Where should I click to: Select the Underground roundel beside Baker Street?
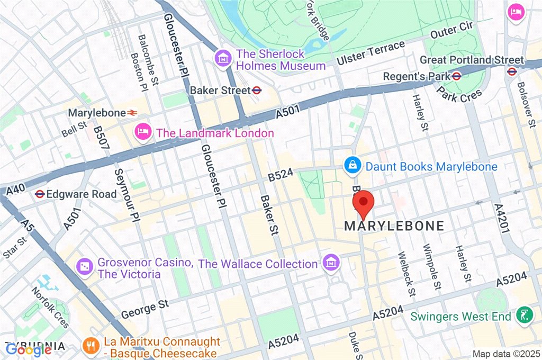pos(257,90)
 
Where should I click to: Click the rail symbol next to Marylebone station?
pos(132,113)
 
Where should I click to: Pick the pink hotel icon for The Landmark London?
pos(142,131)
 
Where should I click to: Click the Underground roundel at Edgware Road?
pos(39,194)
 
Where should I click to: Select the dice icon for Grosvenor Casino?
pos(84,267)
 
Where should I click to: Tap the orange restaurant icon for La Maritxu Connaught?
pos(91,347)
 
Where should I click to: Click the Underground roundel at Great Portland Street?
pos(512,71)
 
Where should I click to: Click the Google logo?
pos(28,349)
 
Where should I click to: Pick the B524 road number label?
pos(281,175)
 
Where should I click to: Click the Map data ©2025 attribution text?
pos(505,354)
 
